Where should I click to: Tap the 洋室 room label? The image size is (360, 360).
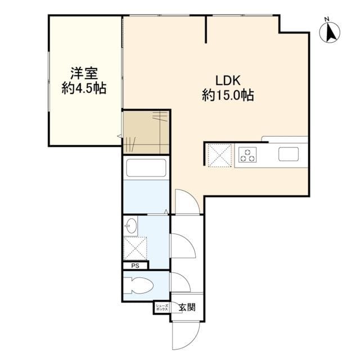84,74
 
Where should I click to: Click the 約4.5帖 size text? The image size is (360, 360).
84,88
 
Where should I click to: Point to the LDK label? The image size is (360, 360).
227,80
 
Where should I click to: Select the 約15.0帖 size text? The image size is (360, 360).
227,96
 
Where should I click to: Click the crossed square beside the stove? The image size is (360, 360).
219,155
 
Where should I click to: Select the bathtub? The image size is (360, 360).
145,168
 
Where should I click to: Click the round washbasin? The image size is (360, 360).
130,227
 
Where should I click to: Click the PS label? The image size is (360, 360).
135,266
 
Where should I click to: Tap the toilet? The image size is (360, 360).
138,286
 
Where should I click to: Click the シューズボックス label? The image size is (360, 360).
161,308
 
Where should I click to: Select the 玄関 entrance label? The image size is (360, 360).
187,308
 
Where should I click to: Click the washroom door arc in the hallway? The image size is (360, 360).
182,245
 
